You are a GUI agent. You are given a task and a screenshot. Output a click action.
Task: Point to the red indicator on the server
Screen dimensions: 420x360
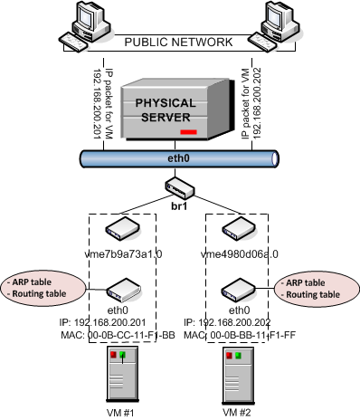188,132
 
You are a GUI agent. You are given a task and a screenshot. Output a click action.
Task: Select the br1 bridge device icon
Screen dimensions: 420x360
179,187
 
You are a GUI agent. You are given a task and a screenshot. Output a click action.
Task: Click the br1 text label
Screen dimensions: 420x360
179,207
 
